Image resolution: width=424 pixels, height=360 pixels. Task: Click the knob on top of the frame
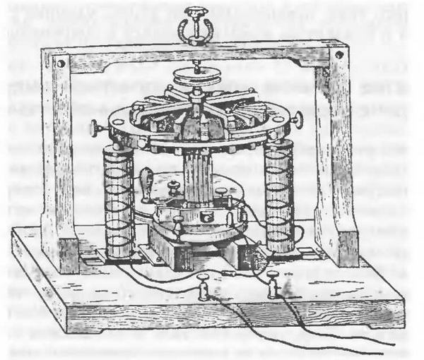point(192,11)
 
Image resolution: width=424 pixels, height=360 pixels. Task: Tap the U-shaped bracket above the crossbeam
point(192,30)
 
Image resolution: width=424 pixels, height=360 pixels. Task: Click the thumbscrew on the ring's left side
point(95,129)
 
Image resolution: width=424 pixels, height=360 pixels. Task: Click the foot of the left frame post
point(68,254)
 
